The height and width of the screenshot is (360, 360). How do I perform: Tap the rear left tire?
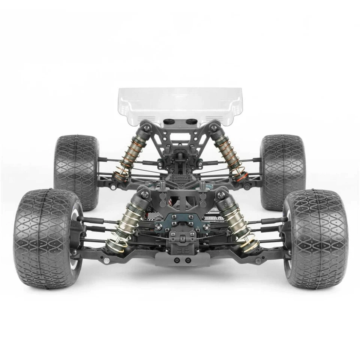click(x=76, y=171)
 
